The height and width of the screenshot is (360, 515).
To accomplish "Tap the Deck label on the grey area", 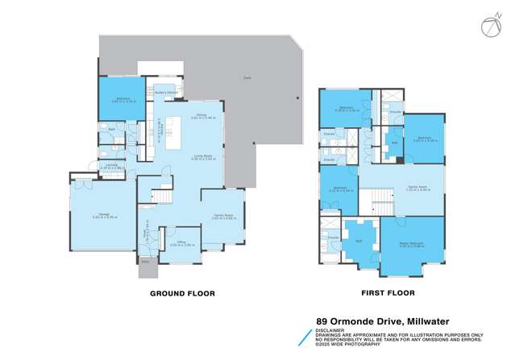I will pos(246,77).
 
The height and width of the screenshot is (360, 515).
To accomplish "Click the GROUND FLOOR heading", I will pos(182,294).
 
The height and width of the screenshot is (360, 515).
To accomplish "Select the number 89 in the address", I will pos(321,321).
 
